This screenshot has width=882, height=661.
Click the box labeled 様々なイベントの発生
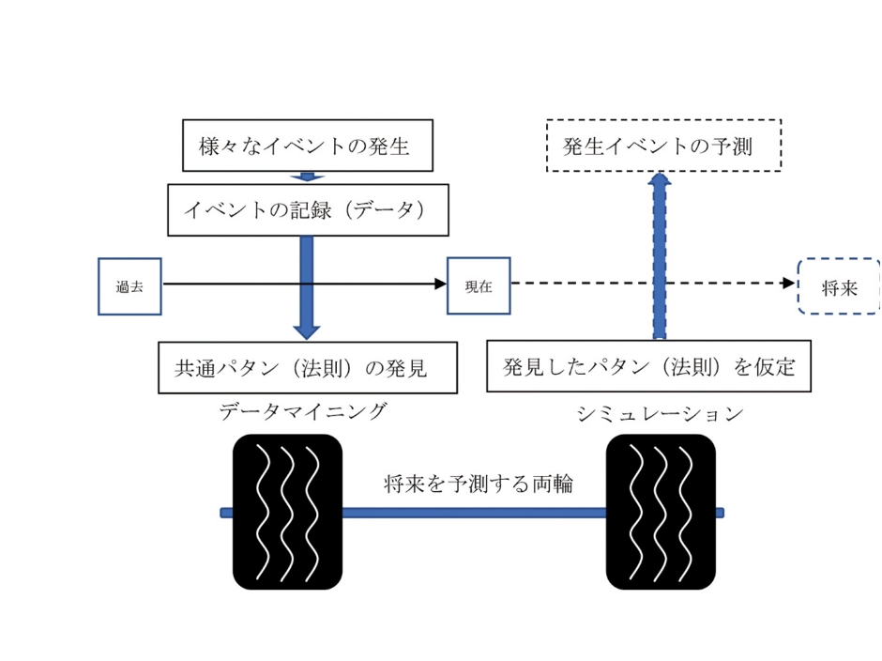306,146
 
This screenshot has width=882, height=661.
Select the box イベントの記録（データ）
307,209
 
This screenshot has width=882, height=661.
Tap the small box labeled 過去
129,286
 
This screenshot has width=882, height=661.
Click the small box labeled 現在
479,286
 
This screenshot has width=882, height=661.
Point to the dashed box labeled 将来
839,286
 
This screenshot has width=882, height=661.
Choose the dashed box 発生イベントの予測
663,146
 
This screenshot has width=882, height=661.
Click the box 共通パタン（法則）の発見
307,367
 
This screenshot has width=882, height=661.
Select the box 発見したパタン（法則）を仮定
648,366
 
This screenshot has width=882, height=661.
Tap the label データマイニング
302,410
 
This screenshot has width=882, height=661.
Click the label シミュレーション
660,413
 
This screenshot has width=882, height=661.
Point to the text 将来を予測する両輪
479,484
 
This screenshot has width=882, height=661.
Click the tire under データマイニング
287,512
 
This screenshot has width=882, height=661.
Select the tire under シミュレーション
661,512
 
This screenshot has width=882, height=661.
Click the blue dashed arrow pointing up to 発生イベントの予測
660,254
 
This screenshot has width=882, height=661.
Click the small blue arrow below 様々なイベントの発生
307,177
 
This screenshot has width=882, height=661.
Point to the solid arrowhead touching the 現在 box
440,283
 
